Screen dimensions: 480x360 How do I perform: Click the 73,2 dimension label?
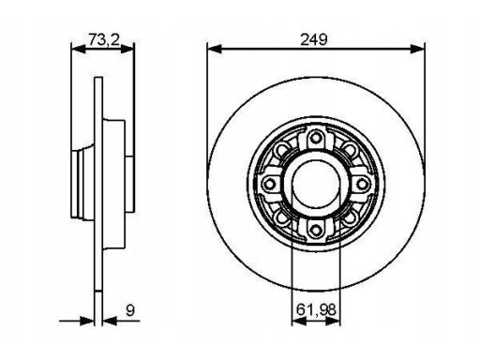(x=104, y=39)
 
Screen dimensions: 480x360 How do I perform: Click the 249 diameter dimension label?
(x=314, y=39)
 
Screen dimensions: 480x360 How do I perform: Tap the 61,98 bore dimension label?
(x=316, y=309)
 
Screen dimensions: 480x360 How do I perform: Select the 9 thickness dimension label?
(x=130, y=310)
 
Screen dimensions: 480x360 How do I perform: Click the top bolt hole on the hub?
(x=316, y=138)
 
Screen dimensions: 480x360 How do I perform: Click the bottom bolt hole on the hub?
(x=316, y=231)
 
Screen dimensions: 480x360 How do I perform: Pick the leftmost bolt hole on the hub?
(x=269, y=184)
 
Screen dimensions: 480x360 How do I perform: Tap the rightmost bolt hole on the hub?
(x=363, y=184)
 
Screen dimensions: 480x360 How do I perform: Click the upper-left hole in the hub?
(x=282, y=149)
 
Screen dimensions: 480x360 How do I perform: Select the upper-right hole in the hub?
(x=350, y=149)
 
